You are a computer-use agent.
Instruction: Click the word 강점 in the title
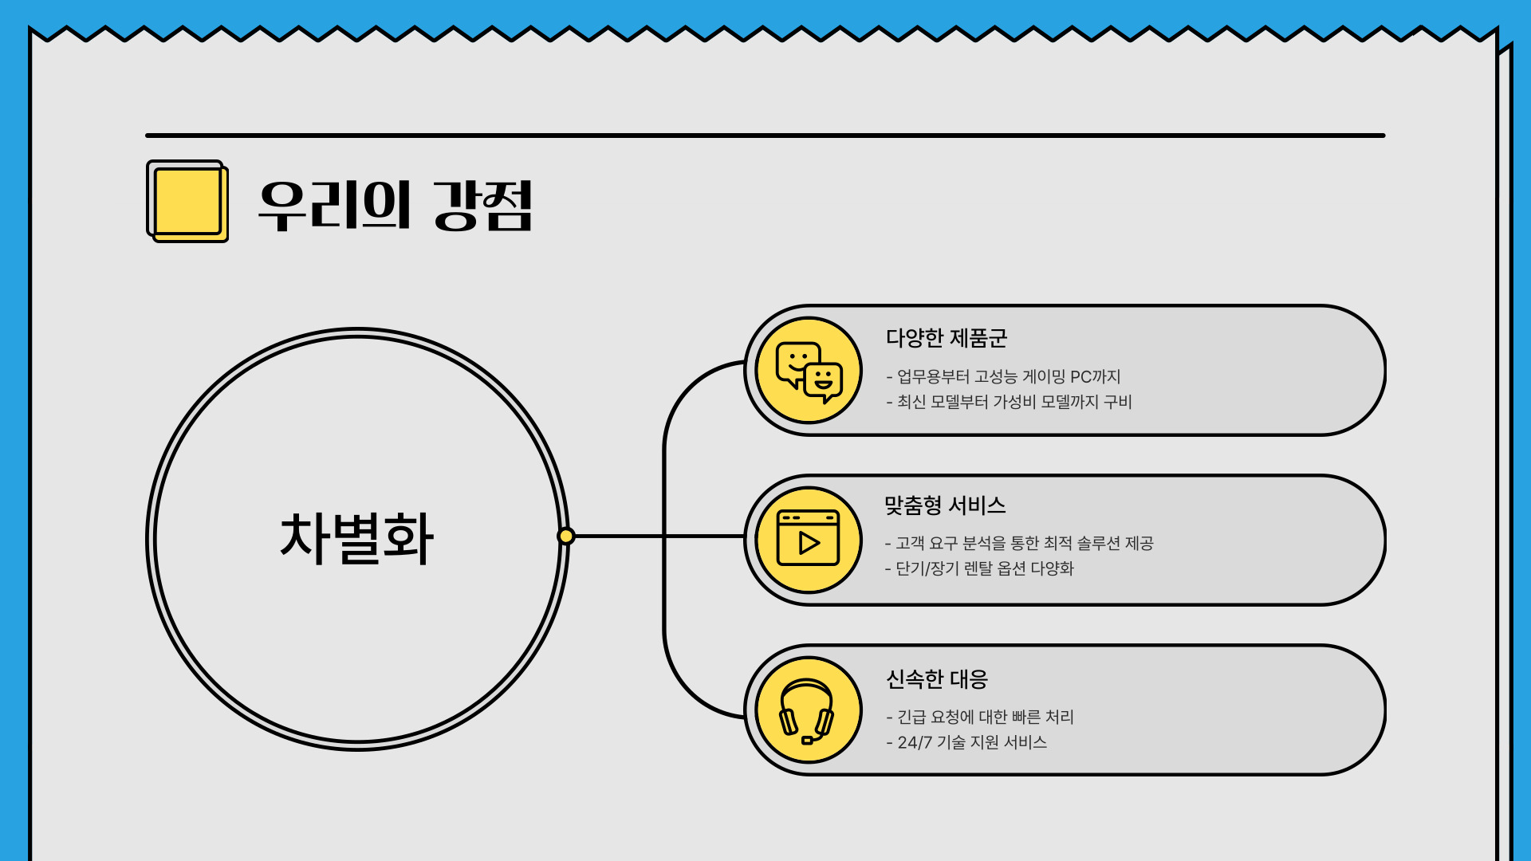coord(483,206)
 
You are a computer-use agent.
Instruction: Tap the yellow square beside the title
coord(187,201)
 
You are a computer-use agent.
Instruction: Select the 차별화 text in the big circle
coord(356,539)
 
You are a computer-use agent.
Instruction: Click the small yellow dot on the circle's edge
coord(566,536)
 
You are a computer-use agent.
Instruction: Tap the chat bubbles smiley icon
coord(809,371)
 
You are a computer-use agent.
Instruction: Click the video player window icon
coord(809,540)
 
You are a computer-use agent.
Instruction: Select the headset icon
coord(807,710)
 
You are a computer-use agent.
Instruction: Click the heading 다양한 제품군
coord(947,338)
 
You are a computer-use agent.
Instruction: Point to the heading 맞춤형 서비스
coord(945,505)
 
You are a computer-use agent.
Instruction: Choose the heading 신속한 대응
coord(937,679)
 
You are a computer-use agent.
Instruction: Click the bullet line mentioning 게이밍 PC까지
coord(1004,376)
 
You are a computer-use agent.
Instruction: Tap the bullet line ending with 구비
coord(1010,402)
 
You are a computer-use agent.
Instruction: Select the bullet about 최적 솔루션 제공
coord(1019,543)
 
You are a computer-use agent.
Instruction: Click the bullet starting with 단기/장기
coord(980,568)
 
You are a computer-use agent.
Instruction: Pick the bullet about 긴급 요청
coord(981,717)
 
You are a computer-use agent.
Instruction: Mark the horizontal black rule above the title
coord(765,136)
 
